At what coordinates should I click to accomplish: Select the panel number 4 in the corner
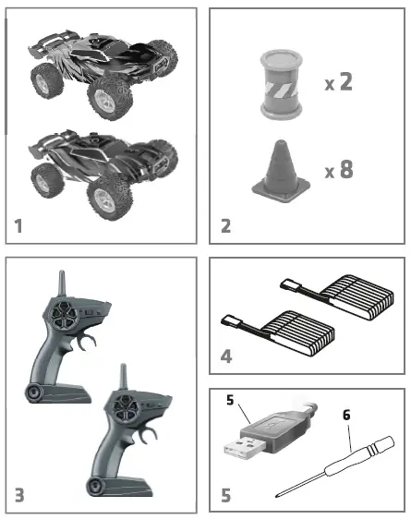tap(225, 355)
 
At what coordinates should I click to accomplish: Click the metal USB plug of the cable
tap(241, 451)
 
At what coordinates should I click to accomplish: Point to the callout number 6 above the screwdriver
tap(347, 416)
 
